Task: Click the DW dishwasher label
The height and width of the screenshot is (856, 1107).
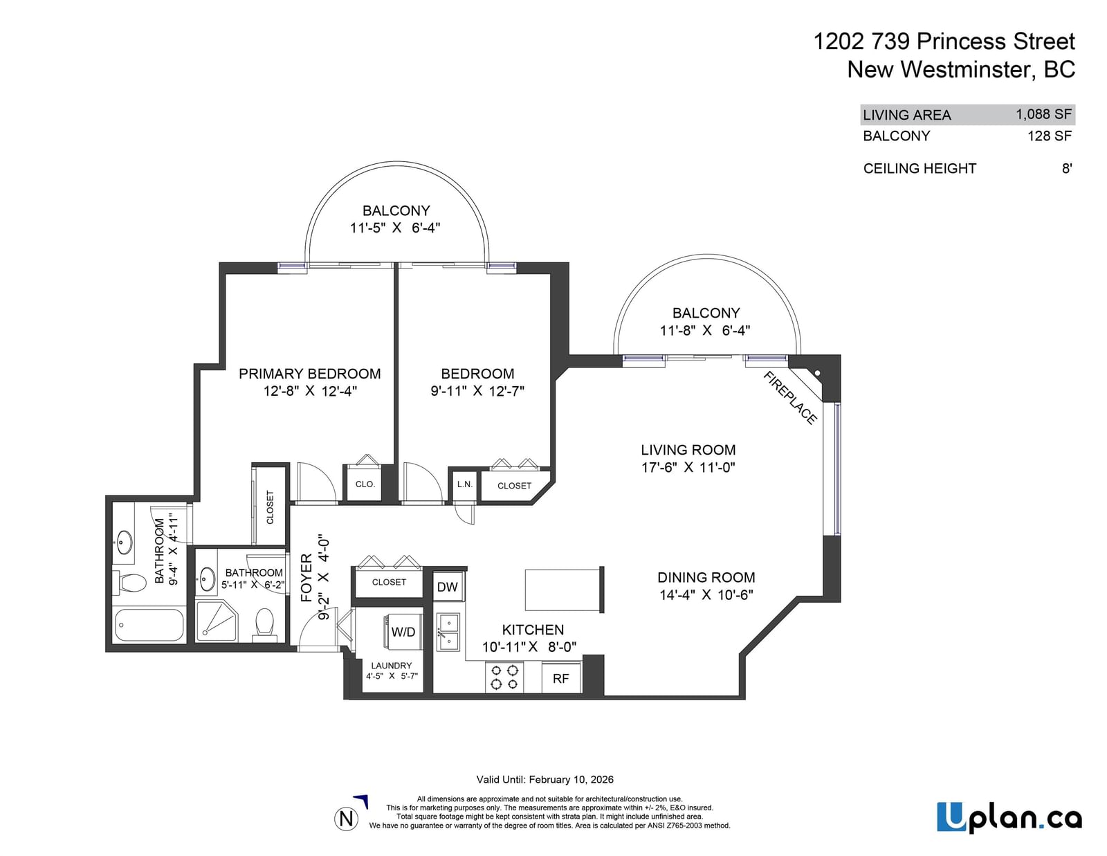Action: [x=447, y=586]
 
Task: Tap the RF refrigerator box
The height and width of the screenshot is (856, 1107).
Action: [x=561, y=677]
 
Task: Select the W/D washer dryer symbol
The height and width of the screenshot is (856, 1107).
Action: [x=403, y=632]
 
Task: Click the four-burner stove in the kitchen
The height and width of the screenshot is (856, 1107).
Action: [x=504, y=677]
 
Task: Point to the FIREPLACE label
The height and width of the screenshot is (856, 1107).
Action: [x=790, y=397]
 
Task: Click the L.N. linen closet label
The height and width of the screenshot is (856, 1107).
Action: [x=465, y=484]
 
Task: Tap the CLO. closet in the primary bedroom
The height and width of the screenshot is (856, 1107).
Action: [x=365, y=484]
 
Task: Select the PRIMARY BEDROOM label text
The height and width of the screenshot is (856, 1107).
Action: [x=310, y=374]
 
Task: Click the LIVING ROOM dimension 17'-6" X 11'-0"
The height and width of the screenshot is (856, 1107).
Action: [x=688, y=466]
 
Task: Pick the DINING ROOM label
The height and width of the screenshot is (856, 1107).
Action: [x=706, y=577]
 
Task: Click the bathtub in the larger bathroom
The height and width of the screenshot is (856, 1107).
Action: [x=149, y=625]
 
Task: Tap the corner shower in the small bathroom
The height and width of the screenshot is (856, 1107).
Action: [x=217, y=621]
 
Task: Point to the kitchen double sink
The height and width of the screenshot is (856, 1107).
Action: [x=449, y=632]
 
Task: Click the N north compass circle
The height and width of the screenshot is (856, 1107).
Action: [x=347, y=819]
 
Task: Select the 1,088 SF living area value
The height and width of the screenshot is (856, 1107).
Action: [x=1044, y=114]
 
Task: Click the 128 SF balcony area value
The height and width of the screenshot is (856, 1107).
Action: [x=1050, y=136]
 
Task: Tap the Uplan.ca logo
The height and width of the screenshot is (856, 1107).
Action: [x=1009, y=817]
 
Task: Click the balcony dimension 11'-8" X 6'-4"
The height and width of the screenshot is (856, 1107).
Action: [x=705, y=330]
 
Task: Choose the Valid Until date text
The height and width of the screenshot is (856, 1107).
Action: [x=545, y=779]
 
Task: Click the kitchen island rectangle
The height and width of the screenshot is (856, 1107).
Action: [x=565, y=590]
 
